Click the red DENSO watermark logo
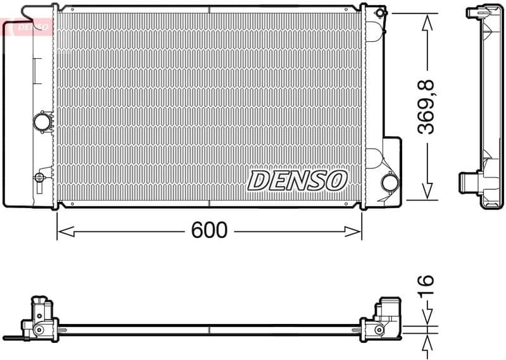pyautogui.click(x=27, y=27)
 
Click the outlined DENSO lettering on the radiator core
pyautogui.click(x=297, y=180)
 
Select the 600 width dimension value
pyautogui.click(x=209, y=231)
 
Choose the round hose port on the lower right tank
pyautogui.click(x=390, y=183)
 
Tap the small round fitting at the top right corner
pyautogui.click(x=380, y=13)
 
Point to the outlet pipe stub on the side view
pyautogui.click(x=469, y=183)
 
